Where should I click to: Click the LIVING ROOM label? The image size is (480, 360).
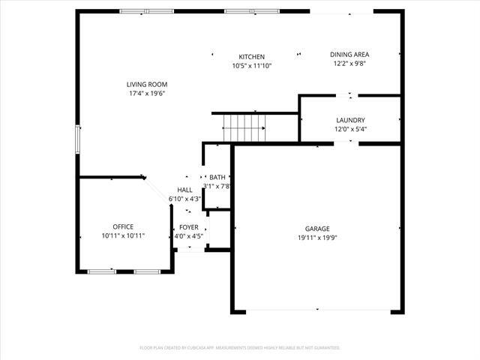(146, 84)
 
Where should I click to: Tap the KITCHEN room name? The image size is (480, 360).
(252, 57)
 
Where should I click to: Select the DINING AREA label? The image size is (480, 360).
(350, 54)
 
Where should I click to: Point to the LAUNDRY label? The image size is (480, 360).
(350, 120)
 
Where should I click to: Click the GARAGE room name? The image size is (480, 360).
(317, 229)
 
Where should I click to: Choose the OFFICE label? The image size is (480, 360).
(123, 226)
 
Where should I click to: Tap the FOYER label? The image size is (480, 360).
(188, 227)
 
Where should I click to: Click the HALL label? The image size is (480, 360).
(184, 190)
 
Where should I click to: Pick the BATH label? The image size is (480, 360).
(217, 177)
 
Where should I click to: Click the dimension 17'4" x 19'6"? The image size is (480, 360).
(146, 94)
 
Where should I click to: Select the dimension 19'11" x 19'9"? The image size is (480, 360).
(317, 238)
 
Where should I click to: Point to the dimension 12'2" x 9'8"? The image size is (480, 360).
(350, 64)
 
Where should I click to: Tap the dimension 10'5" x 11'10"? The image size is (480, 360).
(252, 66)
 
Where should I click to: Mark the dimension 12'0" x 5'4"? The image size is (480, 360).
(350, 129)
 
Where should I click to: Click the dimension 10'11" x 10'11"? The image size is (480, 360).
(123, 235)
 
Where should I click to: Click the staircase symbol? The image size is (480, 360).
(244, 127)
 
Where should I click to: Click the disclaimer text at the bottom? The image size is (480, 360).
(240, 348)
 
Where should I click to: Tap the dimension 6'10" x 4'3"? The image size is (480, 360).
(184, 199)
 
